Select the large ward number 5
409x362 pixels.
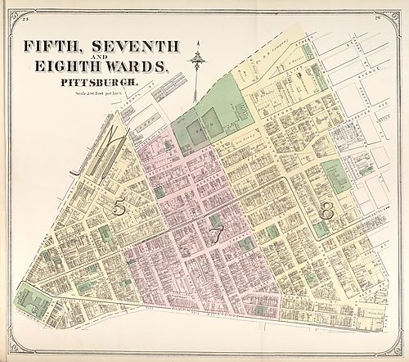tap(119, 208)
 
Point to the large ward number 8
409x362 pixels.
tap(327, 210)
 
